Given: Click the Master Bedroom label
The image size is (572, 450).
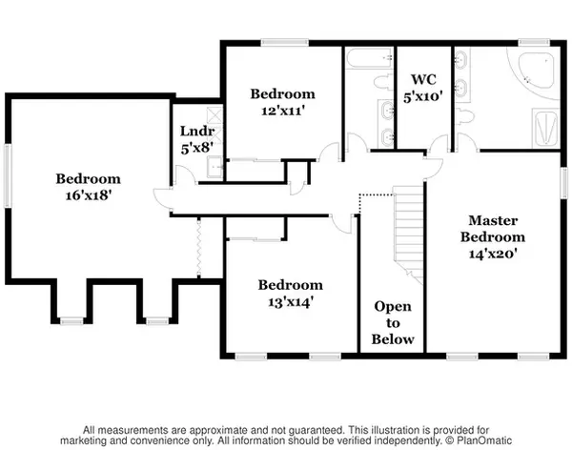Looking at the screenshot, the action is pos(493,229).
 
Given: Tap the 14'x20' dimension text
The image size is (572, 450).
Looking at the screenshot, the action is pos(493,254).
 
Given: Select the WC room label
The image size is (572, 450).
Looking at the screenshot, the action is pos(423,79).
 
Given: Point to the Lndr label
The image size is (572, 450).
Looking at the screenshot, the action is pos(197,131).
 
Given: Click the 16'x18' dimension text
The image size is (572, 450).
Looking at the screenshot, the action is pos(89,195).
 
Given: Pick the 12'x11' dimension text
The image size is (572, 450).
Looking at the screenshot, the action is pos(283,111).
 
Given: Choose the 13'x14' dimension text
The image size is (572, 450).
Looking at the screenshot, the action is pos(291,302).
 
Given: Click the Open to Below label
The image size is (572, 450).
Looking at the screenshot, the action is pos(393,323).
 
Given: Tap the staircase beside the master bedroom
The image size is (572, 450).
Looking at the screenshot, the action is pos(408,234).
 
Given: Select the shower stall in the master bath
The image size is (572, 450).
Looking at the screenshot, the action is pos(545,128).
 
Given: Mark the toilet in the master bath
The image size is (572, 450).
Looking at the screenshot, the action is pos(465,116).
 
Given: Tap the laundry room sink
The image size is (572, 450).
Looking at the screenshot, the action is pos(214,167).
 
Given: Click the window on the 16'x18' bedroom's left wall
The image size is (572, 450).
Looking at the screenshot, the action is pos(8,176).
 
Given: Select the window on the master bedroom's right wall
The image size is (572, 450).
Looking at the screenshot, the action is pos(564,183).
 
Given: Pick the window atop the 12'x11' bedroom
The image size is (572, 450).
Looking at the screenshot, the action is pos(285,43).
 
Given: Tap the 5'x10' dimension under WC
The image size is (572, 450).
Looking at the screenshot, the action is pos(423,96).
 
